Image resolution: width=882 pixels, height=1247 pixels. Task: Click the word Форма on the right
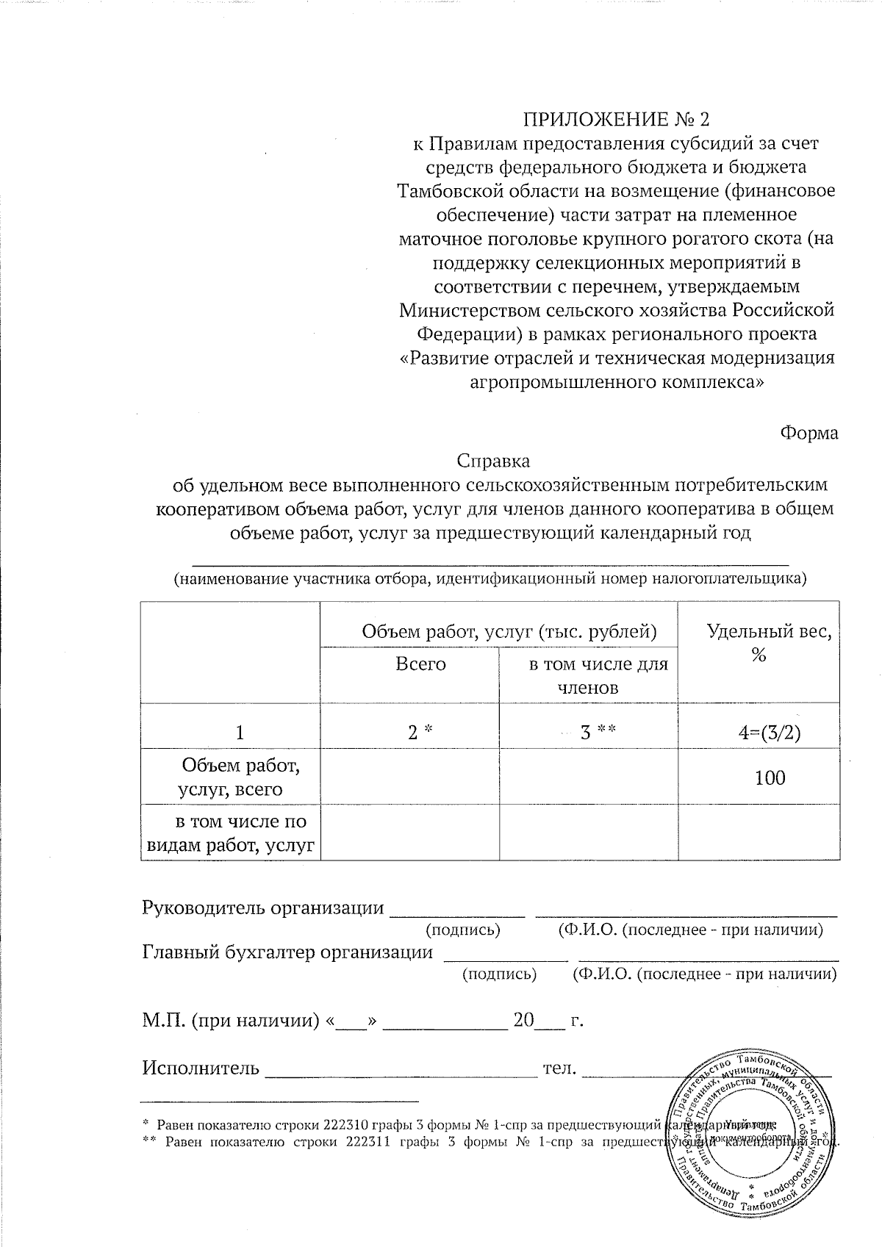pyautogui.click(x=808, y=433)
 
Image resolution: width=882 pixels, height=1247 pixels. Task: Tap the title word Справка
pyautogui.click(x=493, y=461)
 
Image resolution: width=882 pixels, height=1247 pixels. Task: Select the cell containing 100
pyautogui.click(x=770, y=777)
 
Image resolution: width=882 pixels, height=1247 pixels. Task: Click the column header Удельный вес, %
pyautogui.click(x=759, y=642)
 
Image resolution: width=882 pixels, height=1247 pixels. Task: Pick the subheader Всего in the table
pyautogui.click(x=420, y=664)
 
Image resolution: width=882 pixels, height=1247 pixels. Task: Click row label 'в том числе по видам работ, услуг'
pyautogui.click(x=232, y=833)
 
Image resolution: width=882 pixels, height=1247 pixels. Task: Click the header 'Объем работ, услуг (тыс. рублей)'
pyautogui.click(x=509, y=630)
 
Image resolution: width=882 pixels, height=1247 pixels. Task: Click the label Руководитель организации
pyautogui.click(x=262, y=908)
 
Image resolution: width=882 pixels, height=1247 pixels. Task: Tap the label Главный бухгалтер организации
pyautogui.click(x=287, y=952)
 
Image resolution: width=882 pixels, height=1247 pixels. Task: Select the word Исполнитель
pyautogui.click(x=200, y=1067)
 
